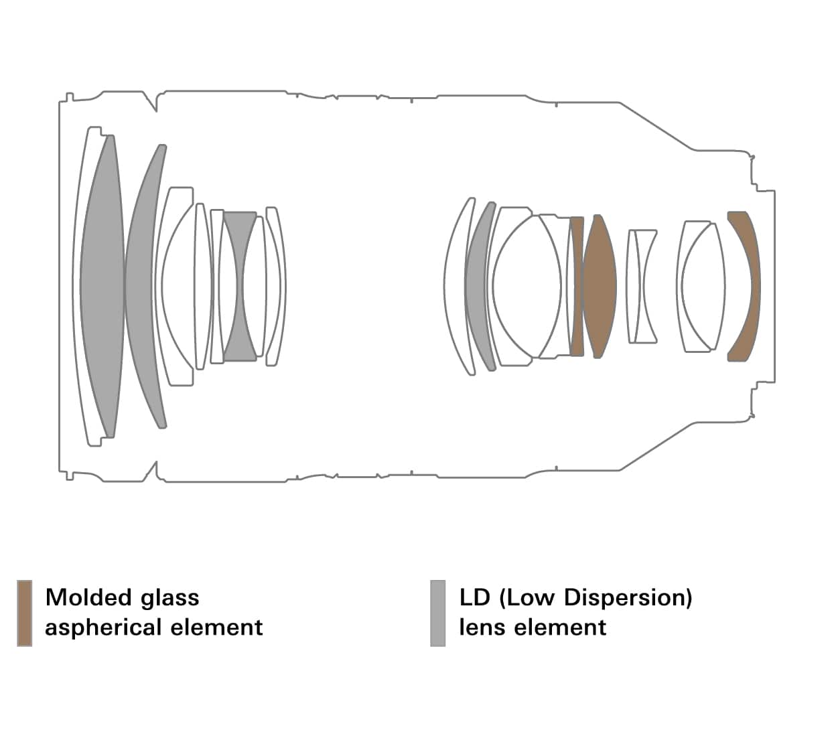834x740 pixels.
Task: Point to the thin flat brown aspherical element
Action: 577,287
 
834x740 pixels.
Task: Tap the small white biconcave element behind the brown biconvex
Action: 641,287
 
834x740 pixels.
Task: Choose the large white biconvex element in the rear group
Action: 527,287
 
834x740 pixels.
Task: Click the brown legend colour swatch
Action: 25,613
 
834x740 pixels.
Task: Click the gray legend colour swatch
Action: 437,613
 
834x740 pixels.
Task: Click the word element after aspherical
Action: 216,627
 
